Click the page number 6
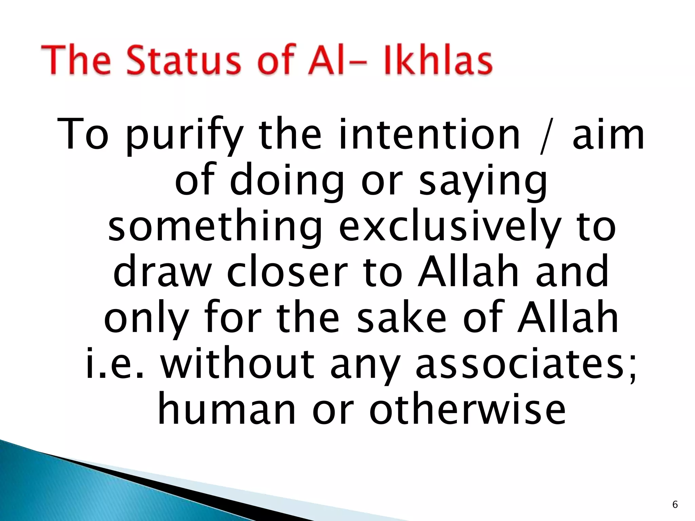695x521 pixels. (x=675, y=505)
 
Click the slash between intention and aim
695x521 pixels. (x=546, y=136)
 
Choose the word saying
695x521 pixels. (x=483, y=183)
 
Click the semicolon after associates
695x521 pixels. (x=632, y=368)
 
